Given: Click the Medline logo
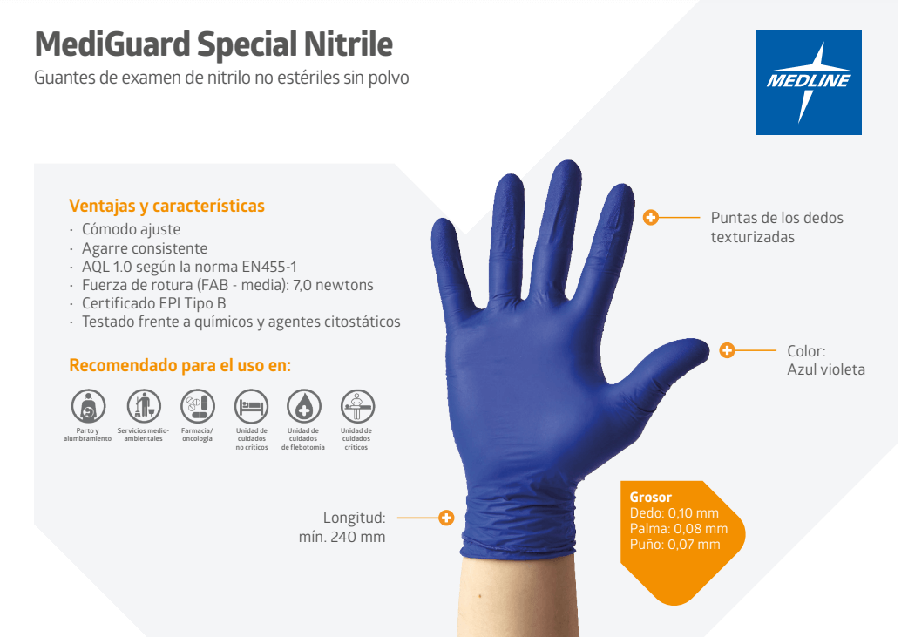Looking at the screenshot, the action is (x=809, y=82).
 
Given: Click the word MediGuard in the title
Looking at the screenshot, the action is (x=112, y=44).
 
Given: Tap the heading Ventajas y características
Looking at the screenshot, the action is (x=166, y=207).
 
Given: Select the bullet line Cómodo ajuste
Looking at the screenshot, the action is (x=131, y=229).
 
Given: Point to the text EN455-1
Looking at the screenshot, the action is (x=269, y=267).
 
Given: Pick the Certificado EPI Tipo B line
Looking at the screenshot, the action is (x=153, y=303).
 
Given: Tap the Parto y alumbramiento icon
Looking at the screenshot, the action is (x=88, y=406).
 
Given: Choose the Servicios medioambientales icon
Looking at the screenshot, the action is (x=144, y=406).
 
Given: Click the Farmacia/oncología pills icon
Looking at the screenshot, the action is (x=198, y=406).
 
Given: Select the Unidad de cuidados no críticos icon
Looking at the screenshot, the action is (x=251, y=406).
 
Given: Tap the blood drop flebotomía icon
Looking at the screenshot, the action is (x=304, y=406).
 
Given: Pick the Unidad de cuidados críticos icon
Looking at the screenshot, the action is (x=357, y=406).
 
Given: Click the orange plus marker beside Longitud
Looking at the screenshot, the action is (x=446, y=518).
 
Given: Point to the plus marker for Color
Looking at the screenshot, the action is (x=728, y=350).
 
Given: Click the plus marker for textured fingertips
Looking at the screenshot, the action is (x=650, y=218).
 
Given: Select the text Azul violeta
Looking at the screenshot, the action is (x=826, y=369).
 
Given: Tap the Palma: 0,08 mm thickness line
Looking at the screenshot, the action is (x=679, y=529).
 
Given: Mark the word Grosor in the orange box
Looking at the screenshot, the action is (x=650, y=498).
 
